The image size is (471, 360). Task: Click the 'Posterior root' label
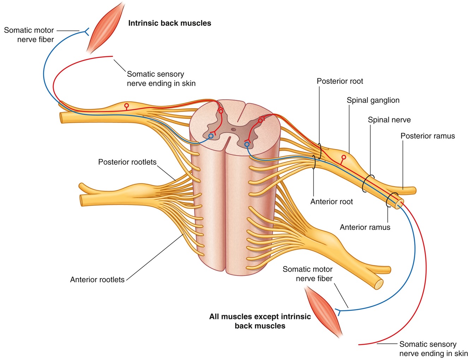pyautogui.click(x=340, y=81)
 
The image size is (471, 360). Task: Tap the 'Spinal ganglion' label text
pyautogui.click(x=373, y=100)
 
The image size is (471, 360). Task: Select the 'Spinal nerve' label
pyautogui.click(x=389, y=120)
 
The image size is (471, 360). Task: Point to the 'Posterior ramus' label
pyautogui.click(x=428, y=136)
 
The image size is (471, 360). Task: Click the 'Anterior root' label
pyautogui.click(x=332, y=202)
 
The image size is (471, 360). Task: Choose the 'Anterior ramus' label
pyautogui.click(x=365, y=228)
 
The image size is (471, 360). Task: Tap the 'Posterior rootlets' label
pyautogui.click(x=127, y=162)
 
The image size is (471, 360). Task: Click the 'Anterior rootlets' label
pyautogui.click(x=97, y=280)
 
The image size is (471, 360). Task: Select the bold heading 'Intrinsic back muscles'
pyautogui.click(x=169, y=23)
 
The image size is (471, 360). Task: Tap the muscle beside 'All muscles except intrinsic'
pyautogui.click(x=323, y=311)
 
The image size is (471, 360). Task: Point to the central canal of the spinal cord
pyautogui.click(x=233, y=129)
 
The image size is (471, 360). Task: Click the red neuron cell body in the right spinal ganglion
pyautogui.click(x=344, y=157)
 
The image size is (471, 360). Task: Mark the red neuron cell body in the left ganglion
pyautogui.click(x=126, y=105)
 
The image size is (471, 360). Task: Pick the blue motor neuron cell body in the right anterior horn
pyautogui.click(x=247, y=144)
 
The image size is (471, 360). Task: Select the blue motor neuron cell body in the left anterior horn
pyautogui.click(x=211, y=136)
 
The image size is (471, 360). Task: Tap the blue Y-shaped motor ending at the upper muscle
pyautogui.click(x=86, y=32)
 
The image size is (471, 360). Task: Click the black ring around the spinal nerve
pyautogui.click(x=369, y=183)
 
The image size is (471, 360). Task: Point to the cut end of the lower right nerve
pyautogui.click(x=378, y=285)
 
